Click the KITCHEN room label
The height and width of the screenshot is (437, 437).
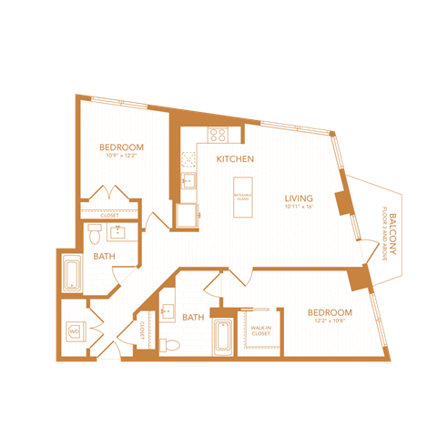[x=235, y=159]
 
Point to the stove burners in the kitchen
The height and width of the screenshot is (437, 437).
[x=218, y=135]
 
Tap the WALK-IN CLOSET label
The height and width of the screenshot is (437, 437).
[x=260, y=331]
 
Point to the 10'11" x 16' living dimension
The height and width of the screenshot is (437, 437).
[x=299, y=208]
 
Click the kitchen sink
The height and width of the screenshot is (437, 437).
[x=188, y=180]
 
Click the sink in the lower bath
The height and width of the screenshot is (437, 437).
[x=168, y=311]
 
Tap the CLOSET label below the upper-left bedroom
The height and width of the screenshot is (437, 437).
[x=110, y=215]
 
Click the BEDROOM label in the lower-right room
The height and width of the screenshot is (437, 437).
[x=330, y=312]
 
